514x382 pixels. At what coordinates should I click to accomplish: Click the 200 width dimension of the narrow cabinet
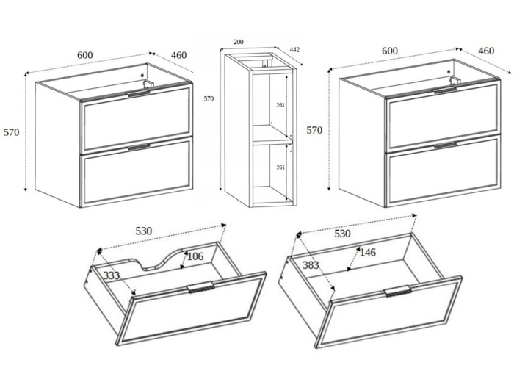[239, 42]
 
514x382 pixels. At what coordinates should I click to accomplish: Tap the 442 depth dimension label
[294, 50]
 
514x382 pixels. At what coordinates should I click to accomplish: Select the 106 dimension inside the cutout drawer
[195, 256]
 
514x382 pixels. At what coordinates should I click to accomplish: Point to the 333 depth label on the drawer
[112, 275]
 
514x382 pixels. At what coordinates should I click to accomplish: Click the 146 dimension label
[368, 253]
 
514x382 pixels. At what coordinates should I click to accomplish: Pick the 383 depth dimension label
[311, 265]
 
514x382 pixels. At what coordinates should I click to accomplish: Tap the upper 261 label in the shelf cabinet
[280, 105]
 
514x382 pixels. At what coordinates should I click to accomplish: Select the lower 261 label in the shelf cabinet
[280, 167]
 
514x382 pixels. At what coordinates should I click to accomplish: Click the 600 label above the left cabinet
[85, 55]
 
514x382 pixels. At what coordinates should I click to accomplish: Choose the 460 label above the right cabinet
[486, 51]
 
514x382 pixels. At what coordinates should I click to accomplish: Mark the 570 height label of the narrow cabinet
[209, 98]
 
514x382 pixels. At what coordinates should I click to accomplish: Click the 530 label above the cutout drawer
[144, 231]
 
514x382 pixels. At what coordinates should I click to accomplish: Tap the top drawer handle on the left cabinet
[138, 94]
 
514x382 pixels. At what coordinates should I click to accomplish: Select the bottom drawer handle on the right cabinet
[445, 145]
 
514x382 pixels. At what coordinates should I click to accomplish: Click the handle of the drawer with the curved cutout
[200, 287]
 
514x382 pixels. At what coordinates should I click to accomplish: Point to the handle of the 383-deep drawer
[398, 291]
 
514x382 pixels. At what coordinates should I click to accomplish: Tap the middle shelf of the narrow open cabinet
[272, 134]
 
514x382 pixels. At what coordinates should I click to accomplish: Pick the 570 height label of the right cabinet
[314, 130]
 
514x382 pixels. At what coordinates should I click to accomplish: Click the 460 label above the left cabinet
[178, 55]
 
